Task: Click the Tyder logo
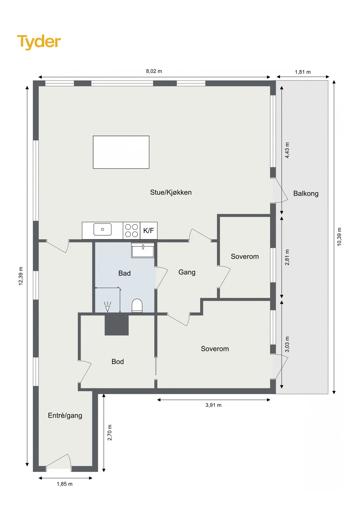coord(39,42)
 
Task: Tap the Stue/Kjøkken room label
coord(171,192)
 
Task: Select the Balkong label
coord(306,194)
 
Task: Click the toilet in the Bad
coord(137,306)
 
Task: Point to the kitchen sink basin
coord(102,229)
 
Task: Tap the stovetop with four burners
coord(132,230)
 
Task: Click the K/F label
coord(148,230)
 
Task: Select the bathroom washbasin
coord(143,250)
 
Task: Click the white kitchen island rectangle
coord(121,152)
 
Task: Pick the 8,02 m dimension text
coord(154,71)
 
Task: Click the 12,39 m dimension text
coord(21,276)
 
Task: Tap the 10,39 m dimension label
coord(339,237)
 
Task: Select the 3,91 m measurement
coord(213,405)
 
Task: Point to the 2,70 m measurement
coord(110,433)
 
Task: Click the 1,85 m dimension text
coord(64,484)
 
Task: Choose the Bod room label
coord(118,362)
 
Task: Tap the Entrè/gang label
coord(65,416)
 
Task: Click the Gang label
coord(187,272)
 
